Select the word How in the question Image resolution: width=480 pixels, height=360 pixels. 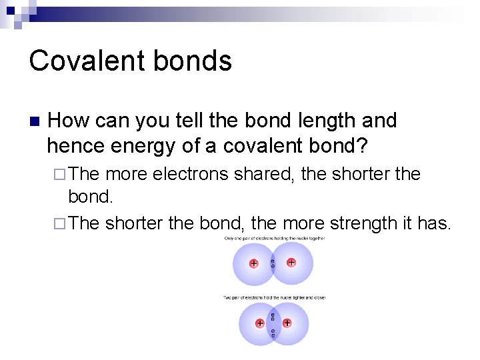pyautogui.click(x=69, y=121)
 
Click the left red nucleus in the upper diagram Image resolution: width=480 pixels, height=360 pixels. pyautogui.click(x=254, y=263)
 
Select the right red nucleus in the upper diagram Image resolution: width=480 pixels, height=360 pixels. pyautogui.click(x=291, y=263)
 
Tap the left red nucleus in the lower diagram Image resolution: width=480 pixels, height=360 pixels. pyautogui.click(x=259, y=323)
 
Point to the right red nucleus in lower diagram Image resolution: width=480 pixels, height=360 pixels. pyautogui.click(x=287, y=323)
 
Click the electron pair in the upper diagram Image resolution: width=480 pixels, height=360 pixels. pyautogui.click(x=273, y=263)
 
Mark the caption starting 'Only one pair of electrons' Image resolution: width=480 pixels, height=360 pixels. pyautogui.click(x=274, y=239)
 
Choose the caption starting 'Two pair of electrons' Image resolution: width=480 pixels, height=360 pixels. pyautogui.click(x=274, y=297)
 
